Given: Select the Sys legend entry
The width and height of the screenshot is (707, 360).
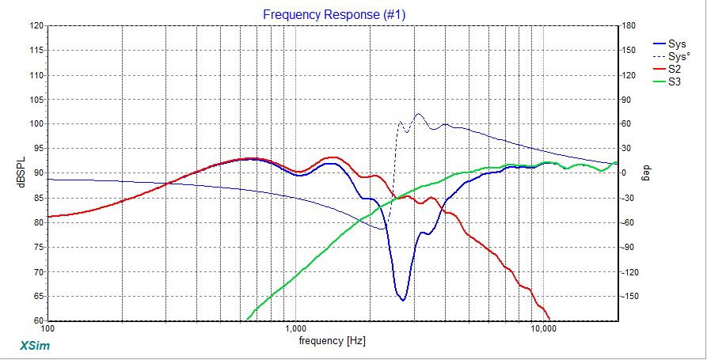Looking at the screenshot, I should tap(678, 44).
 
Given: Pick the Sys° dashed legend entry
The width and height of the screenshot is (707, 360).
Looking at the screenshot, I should tap(679, 56).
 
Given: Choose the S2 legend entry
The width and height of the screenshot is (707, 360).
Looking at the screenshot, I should tap(675, 69).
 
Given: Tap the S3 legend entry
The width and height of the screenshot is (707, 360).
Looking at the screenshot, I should tap(675, 81).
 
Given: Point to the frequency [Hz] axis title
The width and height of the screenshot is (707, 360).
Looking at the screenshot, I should tap(333, 341).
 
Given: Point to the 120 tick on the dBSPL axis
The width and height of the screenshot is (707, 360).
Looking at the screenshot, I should tap(36, 25).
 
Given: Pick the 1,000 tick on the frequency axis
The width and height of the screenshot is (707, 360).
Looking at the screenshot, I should tap(295, 328).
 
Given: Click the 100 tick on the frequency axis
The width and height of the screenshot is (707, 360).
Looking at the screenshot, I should tap(48, 328).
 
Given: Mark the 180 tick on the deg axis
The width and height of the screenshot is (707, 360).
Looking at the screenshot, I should tap(628, 25).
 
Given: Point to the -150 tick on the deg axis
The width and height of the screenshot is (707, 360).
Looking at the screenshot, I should tap(629, 296).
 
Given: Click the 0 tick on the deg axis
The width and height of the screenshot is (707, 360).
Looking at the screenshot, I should tap(623, 173).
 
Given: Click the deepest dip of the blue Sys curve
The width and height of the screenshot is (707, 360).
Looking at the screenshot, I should tap(403, 301).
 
